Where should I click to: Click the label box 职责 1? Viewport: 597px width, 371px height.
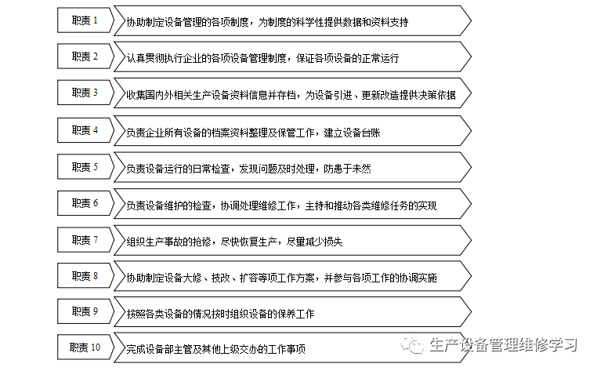point(85,20)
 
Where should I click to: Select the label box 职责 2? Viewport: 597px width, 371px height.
point(85,56)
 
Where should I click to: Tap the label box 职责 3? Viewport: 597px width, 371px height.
point(85,93)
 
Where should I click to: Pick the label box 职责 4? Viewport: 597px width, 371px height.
point(85,130)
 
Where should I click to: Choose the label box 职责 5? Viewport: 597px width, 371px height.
point(85,167)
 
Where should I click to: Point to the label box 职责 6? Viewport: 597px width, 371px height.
point(85,204)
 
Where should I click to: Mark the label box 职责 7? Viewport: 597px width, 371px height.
point(85,240)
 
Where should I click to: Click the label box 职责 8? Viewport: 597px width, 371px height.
point(85,277)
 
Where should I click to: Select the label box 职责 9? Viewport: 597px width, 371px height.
point(85,312)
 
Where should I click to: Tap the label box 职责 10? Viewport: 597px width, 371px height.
point(85,348)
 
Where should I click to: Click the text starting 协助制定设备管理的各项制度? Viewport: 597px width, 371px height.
point(267,22)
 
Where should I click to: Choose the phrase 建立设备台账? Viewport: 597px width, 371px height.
point(353,132)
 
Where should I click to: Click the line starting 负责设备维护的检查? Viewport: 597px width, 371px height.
point(281,206)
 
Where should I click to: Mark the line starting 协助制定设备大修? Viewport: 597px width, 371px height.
point(282,278)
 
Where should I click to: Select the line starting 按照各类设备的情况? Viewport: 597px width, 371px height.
point(220,314)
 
